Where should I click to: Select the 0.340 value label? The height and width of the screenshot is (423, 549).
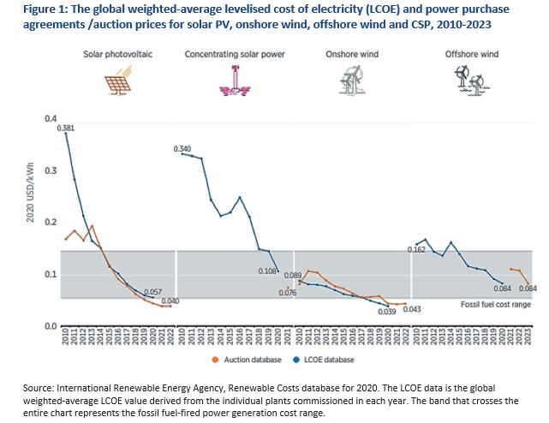click(x=182, y=149)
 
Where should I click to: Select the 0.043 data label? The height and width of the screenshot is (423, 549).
click(x=411, y=308)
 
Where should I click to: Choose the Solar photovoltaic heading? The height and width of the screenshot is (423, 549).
click(x=117, y=54)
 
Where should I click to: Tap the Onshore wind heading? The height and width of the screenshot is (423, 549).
click(x=348, y=54)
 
